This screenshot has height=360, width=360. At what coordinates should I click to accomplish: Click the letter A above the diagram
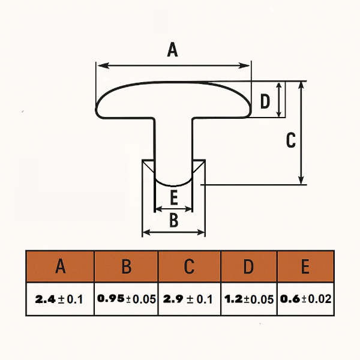[172, 50]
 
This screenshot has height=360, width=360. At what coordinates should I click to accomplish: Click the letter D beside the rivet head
[265, 101]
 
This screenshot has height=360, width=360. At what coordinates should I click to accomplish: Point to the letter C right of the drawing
[291, 140]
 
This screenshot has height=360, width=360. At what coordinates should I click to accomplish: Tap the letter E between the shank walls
[174, 198]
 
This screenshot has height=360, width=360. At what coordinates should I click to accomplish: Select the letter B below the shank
[173, 220]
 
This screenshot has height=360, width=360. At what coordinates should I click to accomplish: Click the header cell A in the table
[61, 266]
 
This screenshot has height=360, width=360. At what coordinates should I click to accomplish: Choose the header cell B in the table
[126, 266]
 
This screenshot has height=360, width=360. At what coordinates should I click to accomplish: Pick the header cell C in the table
[190, 266]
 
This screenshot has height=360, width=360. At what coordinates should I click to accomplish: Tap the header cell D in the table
[249, 266]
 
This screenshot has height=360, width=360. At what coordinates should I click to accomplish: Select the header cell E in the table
[305, 266]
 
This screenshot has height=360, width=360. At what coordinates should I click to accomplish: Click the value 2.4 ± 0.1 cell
[60, 299]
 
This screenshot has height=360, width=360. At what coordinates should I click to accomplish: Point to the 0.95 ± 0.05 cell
[126, 299]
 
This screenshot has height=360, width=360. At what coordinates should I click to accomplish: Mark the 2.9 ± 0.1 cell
[190, 299]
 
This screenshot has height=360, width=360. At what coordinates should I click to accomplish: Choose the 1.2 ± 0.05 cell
[249, 299]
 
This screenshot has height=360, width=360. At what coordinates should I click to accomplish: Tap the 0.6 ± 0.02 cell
[305, 299]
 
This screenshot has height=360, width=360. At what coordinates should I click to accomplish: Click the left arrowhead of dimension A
[103, 65]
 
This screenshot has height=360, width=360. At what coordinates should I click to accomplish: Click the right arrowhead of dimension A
[244, 65]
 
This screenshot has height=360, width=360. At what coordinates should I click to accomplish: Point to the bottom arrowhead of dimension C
[301, 180]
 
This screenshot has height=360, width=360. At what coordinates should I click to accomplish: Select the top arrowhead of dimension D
[279, 86]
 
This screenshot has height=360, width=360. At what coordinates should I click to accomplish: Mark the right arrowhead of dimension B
[200, 233]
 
